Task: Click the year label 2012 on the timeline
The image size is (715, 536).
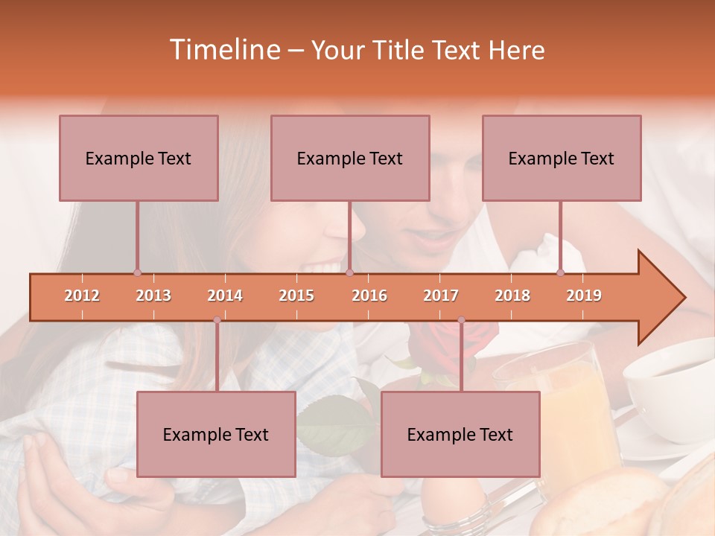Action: tap(82, 296)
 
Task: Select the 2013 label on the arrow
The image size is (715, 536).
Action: tap(153, 296)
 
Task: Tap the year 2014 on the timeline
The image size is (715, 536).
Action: tap(225, 296)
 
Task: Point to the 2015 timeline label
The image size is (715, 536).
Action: tap(296, 296)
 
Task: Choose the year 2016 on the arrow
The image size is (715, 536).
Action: tap(369, 296)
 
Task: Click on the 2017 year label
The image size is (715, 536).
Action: tap(441, 296)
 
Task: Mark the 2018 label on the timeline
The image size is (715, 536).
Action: tap(512, 296)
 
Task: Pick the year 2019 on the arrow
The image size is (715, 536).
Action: tap(584, 296)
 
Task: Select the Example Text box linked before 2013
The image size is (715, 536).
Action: tap(139, 158)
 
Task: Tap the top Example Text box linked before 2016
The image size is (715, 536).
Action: tap(350, 158)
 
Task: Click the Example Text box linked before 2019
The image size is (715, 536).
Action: tap(562, 158)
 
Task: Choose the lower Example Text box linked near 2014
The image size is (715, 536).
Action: tap(216, 434)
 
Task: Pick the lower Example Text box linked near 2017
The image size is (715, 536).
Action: tap(460, 434)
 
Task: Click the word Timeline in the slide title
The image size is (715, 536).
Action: tap(223, 50)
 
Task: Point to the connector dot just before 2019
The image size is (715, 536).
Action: tap(560, 272)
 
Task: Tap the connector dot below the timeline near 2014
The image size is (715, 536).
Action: tap(217, 320)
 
